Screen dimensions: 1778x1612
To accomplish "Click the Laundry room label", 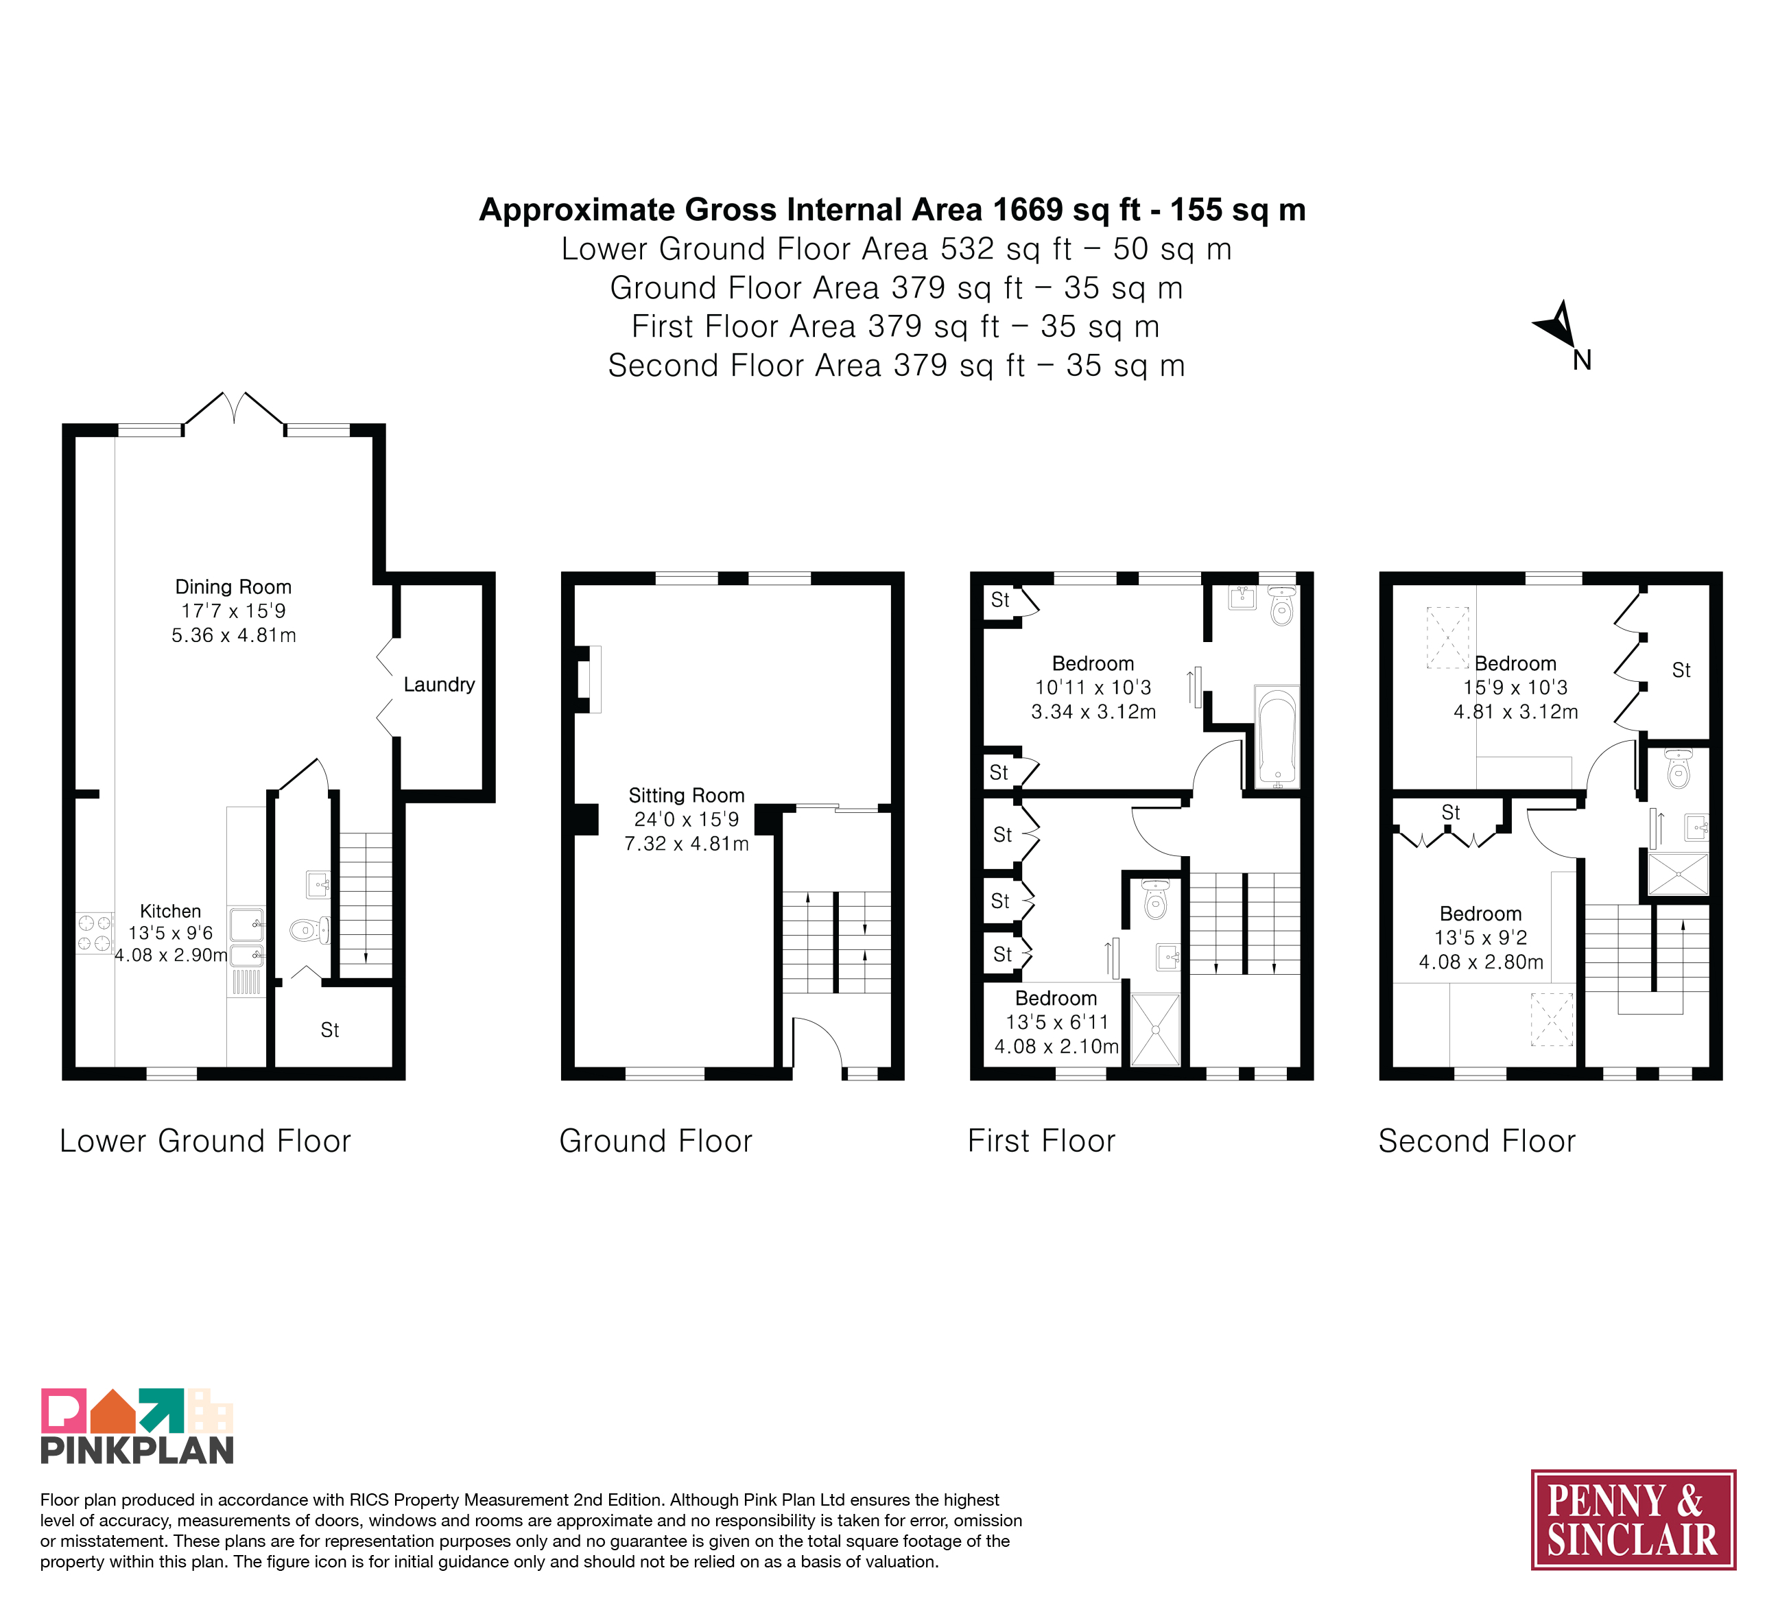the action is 438,685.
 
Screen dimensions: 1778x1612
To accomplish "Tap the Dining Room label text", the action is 233,586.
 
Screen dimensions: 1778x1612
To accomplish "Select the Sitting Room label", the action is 686,796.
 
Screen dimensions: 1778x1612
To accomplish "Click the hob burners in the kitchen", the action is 95,933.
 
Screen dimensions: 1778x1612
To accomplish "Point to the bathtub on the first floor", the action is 1276,737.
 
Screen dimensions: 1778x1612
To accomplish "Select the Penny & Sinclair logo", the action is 1633,1519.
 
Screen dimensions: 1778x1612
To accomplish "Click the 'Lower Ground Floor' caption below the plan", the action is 206,1141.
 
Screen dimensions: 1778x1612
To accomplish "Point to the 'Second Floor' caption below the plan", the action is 1476,1141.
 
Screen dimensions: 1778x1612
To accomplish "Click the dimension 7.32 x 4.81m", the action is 686,844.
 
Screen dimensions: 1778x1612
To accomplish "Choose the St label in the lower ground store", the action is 330,1030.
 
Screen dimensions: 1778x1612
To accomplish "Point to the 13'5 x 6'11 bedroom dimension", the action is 1056,1022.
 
